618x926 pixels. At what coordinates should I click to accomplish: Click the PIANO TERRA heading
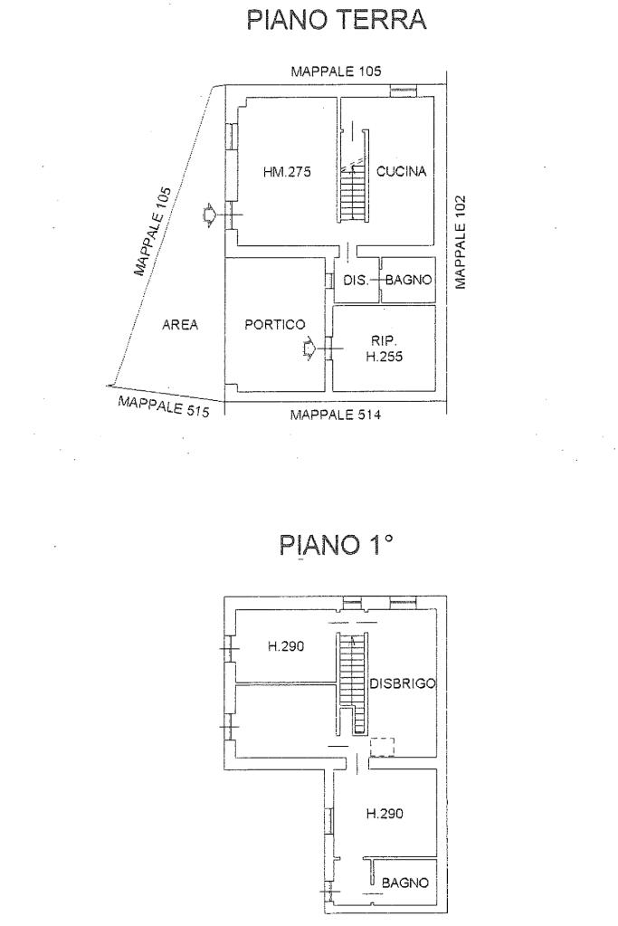coord(336,20)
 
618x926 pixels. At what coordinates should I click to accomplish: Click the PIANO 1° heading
coord(336,545)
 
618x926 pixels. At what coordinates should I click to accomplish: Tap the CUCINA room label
coord(402,171)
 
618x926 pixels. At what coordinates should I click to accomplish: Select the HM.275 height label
coord(287,172)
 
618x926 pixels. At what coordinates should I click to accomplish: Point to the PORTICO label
coord(275,324)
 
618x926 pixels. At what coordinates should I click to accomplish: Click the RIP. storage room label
coord(385,340)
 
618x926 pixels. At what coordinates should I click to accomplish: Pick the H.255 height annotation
coord(385,356)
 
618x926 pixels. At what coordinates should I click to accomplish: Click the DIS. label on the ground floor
coord(356,280)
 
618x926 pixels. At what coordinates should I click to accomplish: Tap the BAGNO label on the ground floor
coord(408,280)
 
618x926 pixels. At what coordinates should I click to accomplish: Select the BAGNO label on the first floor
coord(405,883)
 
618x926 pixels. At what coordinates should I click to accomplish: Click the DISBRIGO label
coord(403,683)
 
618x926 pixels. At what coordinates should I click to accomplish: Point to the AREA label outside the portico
coord(180,324)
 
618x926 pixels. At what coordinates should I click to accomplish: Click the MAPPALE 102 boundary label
coord(461,242)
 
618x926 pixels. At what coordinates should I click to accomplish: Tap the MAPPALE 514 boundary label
coord(336,415)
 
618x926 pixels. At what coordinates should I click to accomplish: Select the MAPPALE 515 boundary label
coord(164,406)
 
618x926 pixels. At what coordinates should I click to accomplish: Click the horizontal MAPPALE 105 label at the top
coord(337,72)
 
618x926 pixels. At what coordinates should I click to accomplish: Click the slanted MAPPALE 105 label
coord(152,232)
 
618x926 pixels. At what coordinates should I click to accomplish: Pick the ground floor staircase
coord(353,192)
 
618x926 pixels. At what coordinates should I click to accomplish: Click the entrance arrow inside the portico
coord(309,349)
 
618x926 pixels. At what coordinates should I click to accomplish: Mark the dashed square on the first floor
coord(382,747)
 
